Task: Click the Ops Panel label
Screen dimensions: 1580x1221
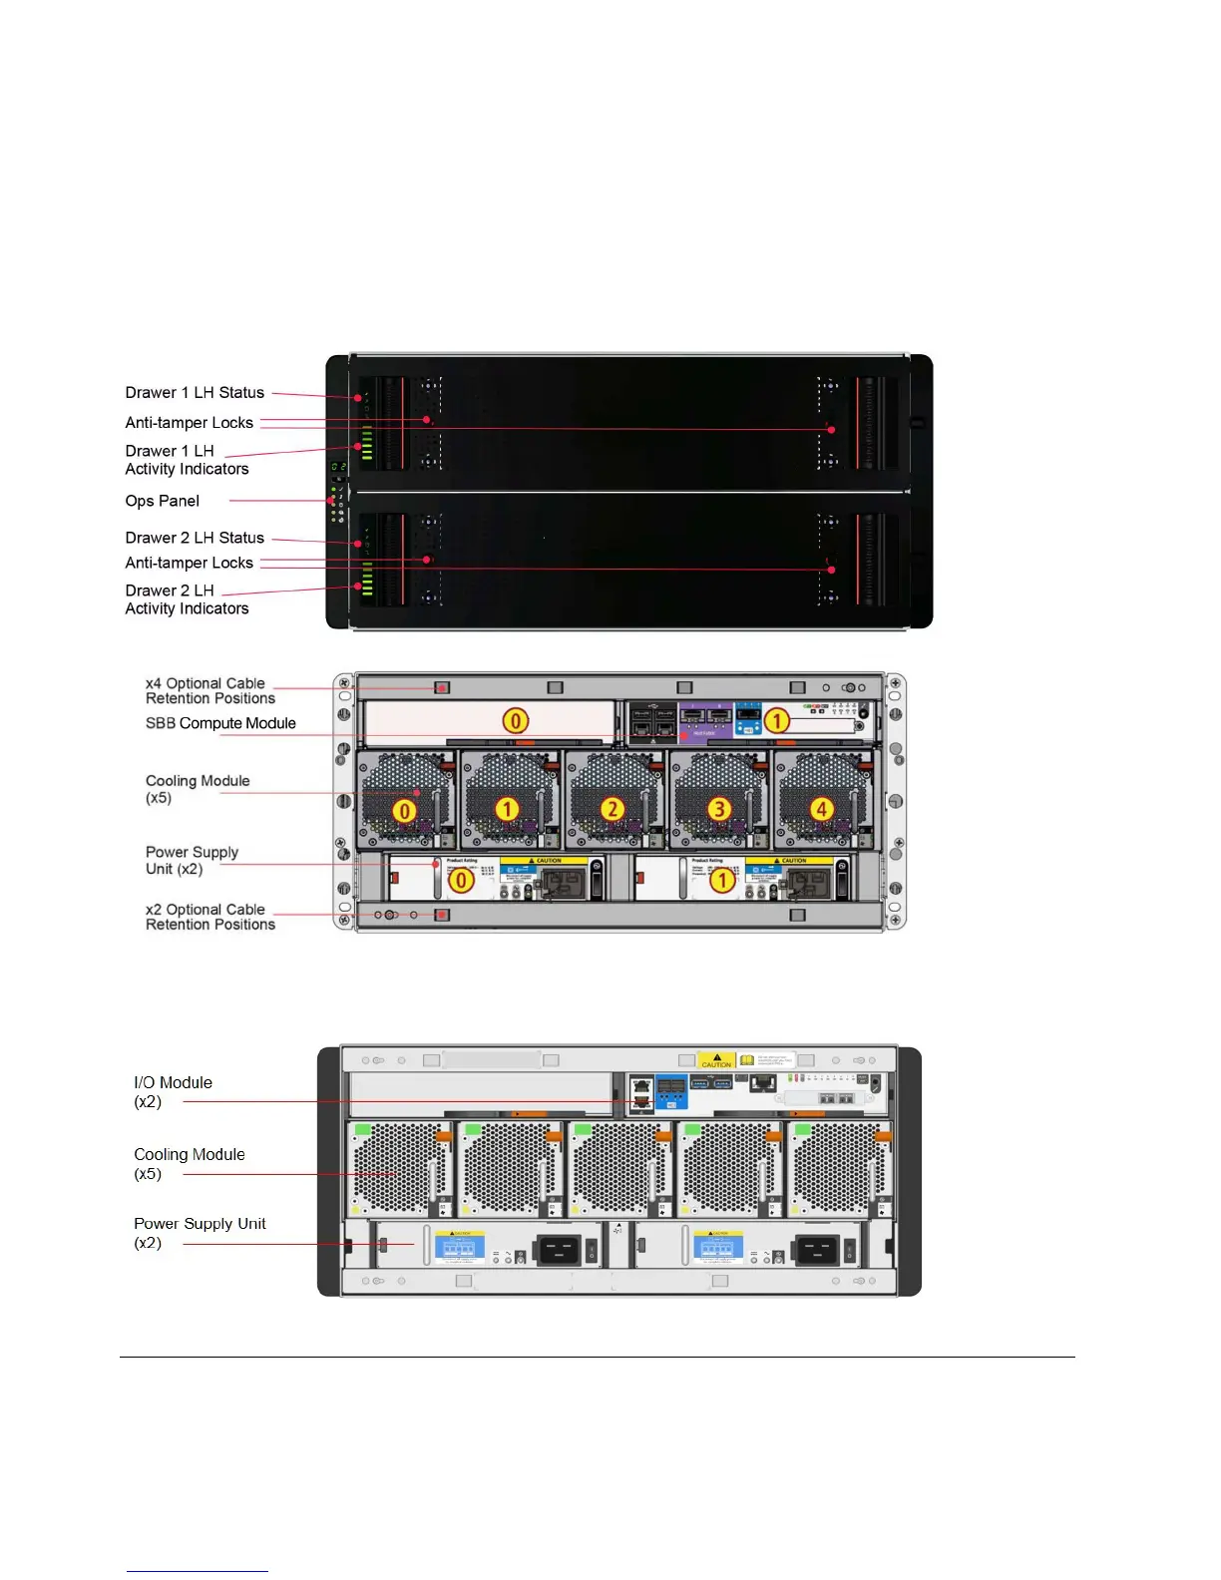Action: click(163, 501)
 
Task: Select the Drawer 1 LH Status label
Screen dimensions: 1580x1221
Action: click(195, 393)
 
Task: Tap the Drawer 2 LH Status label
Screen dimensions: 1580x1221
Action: click(195, 538)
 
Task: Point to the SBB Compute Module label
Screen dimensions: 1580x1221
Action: click(220, 723)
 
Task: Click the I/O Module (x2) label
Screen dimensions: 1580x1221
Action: click(173, 1091)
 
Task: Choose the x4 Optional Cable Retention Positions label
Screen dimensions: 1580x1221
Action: click(209, 690)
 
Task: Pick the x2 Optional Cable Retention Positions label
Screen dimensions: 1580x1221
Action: click(209, 917)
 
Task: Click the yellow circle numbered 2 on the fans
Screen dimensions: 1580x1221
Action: click(612, 809)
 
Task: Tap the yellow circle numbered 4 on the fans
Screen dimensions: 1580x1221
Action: click(821, 809)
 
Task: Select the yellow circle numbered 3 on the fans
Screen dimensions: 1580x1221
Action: click(718, 809)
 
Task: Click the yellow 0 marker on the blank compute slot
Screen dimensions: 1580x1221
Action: click(515, 720)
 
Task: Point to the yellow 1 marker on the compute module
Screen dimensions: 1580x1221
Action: click(776, 720)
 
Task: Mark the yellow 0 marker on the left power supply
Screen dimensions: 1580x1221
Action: click(461, 881)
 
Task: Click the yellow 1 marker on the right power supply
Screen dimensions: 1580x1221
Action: click(721, 881)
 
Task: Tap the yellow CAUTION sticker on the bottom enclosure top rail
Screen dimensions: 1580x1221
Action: click(716, 1060)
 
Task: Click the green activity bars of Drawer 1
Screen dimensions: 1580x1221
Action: click(367, 444)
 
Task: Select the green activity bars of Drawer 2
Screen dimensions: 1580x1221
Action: click(367, 580)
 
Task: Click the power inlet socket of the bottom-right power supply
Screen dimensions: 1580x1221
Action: click(817, 1250)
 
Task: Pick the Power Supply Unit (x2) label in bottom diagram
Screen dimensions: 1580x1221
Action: click(200, 1233)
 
